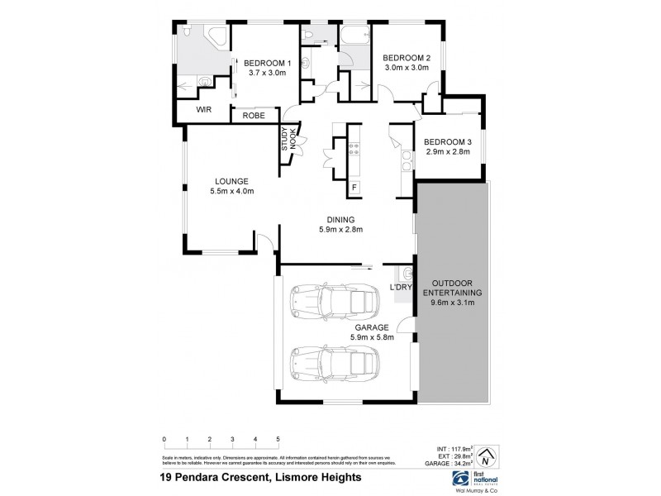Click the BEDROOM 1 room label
265,63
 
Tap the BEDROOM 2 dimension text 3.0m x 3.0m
406,68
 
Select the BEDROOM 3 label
446,141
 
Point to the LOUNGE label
232,181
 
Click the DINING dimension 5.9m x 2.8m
341,230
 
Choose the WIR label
203,109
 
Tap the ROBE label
254,117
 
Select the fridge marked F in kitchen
354,188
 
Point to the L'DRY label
401,287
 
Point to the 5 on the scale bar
278,439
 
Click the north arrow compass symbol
487,455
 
